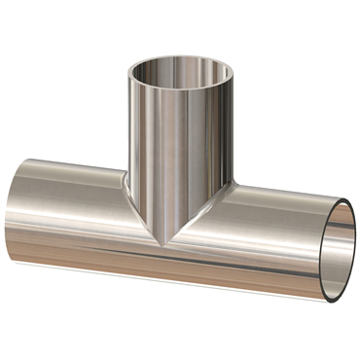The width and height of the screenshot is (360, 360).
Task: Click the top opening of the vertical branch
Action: (x=181, y=75)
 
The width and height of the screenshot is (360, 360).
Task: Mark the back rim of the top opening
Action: (x=181, y=59)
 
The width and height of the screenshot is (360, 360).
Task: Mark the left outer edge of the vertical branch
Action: (x=127, y=136)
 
